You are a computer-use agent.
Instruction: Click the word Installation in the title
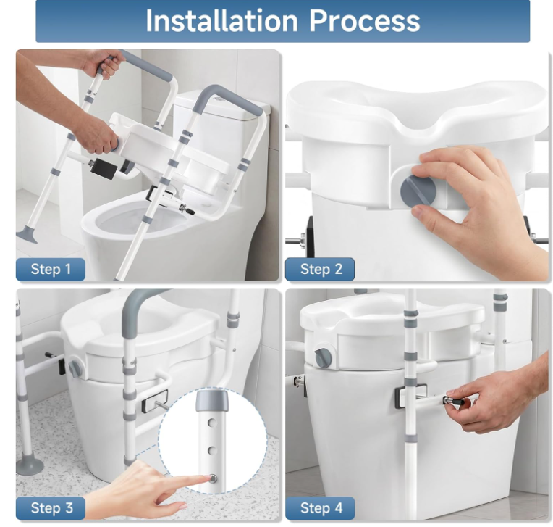coord(221,21)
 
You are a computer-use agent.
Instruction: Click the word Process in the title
coord(365,21)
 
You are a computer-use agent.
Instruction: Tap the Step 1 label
coord(51,269)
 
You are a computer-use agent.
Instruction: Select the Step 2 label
coord(320,269)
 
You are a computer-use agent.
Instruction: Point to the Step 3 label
coord(51,508)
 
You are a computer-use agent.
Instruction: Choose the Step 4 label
coord(320,508)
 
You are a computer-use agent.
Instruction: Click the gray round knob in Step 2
coord(418,191)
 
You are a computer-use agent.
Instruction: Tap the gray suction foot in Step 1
coord(27,236)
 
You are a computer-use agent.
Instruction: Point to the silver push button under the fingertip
coord(212,478)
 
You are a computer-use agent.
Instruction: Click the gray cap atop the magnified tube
coord(211,399)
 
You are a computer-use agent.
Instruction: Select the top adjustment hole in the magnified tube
coord(212,422)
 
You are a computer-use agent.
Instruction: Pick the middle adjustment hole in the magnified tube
coord(212,450)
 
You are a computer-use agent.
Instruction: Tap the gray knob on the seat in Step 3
coord(75,368)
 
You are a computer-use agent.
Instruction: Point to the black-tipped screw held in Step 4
coord(455,402)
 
